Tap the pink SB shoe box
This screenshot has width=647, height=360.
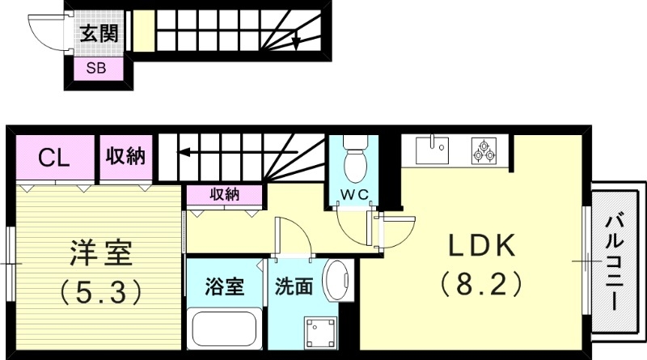coord(95,70)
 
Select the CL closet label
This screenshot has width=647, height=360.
coord(54,157)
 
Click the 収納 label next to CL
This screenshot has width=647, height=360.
coord(125,155)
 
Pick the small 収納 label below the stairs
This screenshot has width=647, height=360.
coord(224,194)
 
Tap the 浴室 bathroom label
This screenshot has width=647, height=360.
coord(224,286)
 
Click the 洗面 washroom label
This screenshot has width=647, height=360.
coord(294,286)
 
